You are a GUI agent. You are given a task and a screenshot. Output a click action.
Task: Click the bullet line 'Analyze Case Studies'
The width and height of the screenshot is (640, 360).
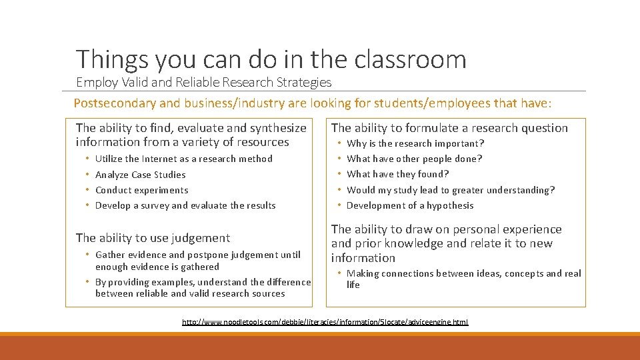(140, 175)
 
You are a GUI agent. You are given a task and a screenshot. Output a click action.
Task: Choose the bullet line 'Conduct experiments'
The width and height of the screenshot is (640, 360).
(141, 190)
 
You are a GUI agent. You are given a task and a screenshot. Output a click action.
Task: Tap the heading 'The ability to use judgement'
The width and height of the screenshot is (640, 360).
(153, 238)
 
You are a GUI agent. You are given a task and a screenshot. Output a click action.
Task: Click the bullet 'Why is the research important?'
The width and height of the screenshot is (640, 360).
(415, 143)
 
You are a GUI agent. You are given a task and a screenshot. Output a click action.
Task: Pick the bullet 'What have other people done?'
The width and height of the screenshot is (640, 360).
(414, 159)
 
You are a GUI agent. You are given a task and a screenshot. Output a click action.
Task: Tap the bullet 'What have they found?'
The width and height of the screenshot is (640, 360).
(397, 174)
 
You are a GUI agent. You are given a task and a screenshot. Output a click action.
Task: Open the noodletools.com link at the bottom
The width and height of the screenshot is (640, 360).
(325, 322)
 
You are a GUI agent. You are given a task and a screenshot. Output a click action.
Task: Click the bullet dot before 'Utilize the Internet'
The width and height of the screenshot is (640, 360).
(88, 159)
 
